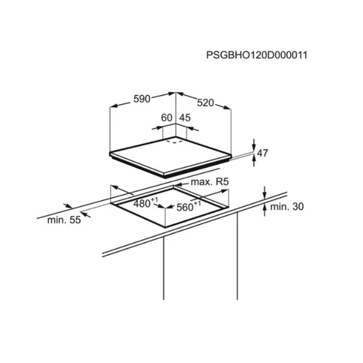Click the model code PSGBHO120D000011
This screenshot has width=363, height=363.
257,55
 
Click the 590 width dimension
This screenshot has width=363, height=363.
142,99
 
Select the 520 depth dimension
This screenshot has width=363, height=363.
205,103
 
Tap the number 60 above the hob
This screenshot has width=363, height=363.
167,118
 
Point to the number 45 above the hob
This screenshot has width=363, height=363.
185,118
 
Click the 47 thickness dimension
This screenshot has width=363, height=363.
263,153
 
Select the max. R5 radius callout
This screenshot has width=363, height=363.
209,182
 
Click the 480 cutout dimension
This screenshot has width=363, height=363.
142,204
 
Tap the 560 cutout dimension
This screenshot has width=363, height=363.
185,208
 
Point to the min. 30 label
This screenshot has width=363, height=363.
287,206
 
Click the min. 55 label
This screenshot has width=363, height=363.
64,220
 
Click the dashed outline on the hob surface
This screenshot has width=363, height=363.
174,141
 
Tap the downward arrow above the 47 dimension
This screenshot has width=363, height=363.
254,145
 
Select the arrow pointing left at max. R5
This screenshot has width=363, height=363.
181,185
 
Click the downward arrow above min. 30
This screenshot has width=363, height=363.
265,192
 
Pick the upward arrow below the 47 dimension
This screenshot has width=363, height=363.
254,160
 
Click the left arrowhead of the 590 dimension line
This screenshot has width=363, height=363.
114,106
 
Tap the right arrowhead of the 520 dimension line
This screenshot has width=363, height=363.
227,107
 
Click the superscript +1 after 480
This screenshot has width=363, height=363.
154,200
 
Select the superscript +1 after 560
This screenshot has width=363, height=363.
197,203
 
